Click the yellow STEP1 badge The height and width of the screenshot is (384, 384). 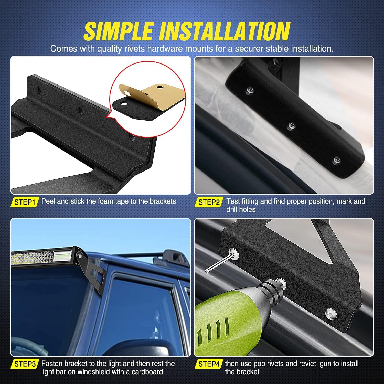coord(25,202)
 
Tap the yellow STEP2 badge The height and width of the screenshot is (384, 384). coord(209,202)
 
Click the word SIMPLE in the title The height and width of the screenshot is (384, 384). coord(118,31)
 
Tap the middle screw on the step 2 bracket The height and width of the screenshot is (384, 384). coord(291,126)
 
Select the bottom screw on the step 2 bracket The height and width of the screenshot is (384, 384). coord(337,161)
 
